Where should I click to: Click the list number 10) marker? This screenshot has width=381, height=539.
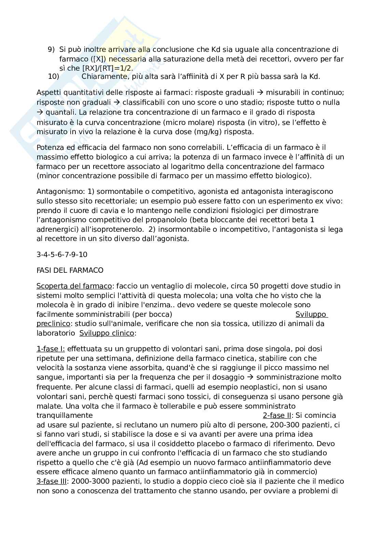tap(54, 76)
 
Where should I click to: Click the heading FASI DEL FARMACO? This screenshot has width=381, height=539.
tap(70, 270)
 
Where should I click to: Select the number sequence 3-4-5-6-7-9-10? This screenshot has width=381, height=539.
tap(61, 255)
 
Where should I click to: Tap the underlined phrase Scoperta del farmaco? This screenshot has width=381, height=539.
tap(74, 286)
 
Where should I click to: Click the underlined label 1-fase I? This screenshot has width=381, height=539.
tap(51, 349)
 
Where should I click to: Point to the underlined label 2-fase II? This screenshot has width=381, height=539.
tap(277, 415)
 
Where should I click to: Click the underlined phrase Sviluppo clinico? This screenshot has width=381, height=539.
tap(107, 333)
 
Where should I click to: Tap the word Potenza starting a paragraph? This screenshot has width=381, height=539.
tap(50, 147)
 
